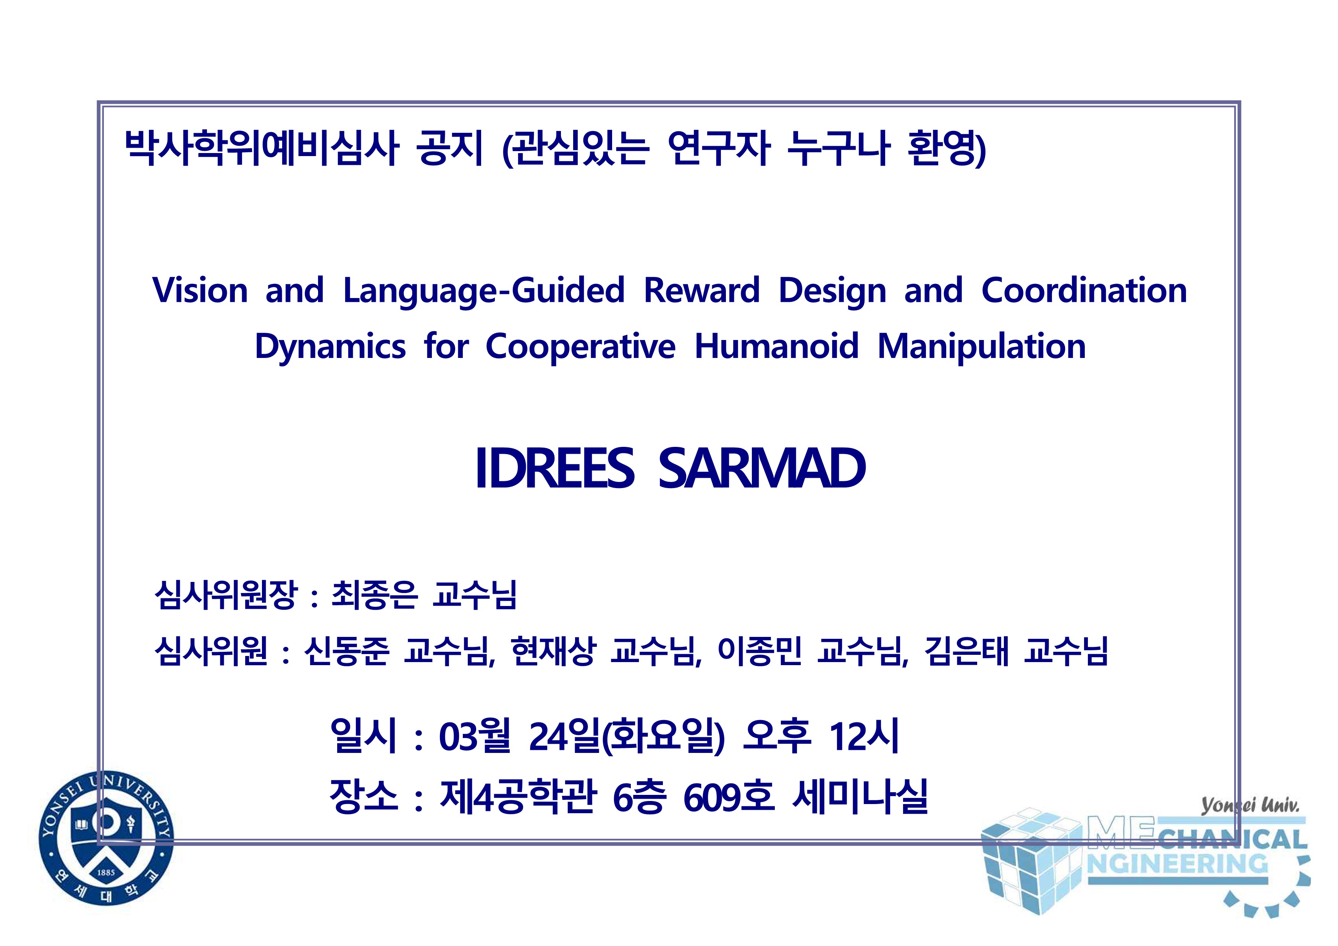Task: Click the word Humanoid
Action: pos(777,346)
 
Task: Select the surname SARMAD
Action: pos(762,468)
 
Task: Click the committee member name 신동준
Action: pos(347,651)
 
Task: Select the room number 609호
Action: pos(729,796)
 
